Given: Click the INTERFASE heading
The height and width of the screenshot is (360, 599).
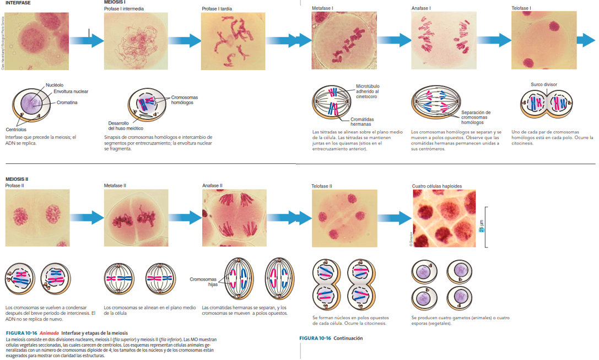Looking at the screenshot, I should [x=18, y=3].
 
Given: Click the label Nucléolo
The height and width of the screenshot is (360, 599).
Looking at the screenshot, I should [x=55, y=85].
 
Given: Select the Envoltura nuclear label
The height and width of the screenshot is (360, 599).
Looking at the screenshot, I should [x=71, y=92].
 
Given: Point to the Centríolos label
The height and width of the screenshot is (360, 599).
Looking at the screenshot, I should [x=16, y=130].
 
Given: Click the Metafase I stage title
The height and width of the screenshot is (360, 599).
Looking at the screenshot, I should [x=322, y=9].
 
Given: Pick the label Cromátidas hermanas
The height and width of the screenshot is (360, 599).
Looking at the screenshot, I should [x=361, y=122].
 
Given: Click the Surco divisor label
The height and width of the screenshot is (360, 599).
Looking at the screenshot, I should [x=544, y=84].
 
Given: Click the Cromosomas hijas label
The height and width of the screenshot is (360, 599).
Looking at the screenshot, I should [x=204, y=282].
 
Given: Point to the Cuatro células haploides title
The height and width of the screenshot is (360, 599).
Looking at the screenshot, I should [x=437, y=186].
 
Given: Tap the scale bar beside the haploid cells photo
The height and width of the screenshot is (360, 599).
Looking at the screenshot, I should [x=485, y=227].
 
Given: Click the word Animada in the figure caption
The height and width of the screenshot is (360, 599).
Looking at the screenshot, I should [x=48, y=333].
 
